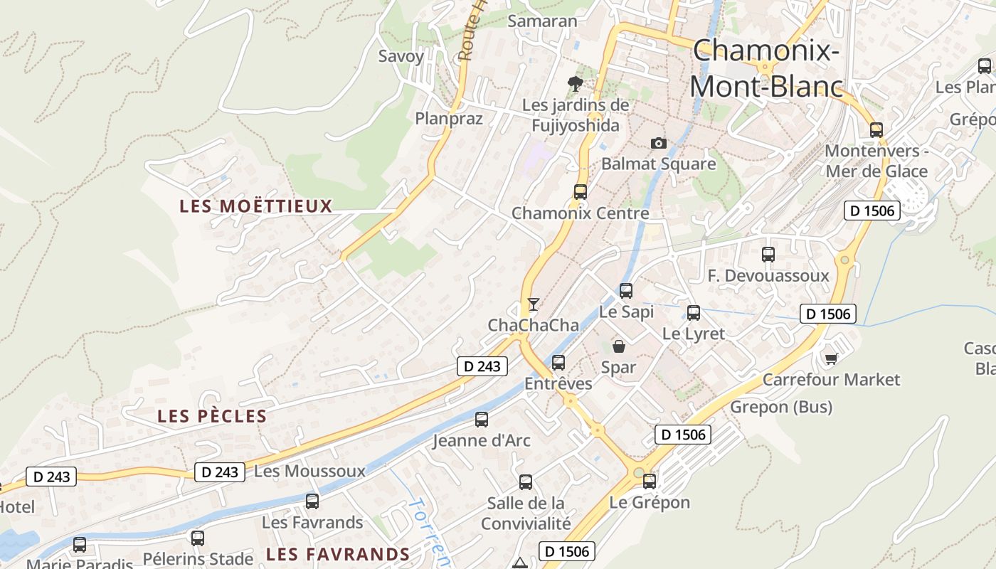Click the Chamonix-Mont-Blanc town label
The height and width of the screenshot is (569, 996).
pos(765,68)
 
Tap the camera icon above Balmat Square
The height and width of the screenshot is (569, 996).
pos(659,143)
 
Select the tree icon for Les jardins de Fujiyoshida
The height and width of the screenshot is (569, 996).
pos(575,84)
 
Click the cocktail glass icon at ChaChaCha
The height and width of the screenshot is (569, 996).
pos(533,304)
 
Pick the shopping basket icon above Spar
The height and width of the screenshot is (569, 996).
pos(619,346)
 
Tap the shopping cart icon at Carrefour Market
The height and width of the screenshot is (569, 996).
pos(831,358)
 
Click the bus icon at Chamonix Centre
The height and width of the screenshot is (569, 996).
pos(580,191)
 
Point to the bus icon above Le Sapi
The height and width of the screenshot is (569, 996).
pos(626,290)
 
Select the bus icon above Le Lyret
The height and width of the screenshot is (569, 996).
pos(694,312)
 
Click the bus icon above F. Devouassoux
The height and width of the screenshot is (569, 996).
pos(768,254)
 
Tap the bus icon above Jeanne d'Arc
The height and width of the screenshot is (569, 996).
pos(482,420)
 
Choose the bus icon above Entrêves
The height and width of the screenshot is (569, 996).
pos(558,363)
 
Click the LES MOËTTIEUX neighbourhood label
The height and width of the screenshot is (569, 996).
pos(256,206)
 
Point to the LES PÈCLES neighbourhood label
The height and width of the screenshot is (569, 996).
pos(212,416)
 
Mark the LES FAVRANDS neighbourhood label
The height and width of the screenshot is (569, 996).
pos(338,554)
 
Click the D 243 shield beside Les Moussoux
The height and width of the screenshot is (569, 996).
pos(220,472)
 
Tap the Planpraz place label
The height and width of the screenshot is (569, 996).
pos(449,119)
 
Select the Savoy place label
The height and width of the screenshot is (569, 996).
pos(401,56)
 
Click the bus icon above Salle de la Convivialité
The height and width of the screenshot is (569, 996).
pos(526,482)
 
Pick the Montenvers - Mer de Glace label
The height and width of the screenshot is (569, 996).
pos(876,161)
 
